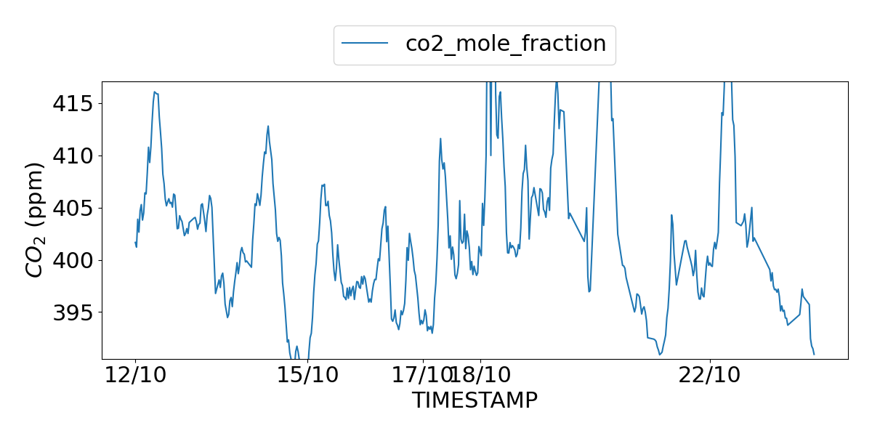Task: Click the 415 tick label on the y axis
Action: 72,104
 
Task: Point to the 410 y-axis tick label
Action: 72,156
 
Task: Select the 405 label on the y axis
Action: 72,209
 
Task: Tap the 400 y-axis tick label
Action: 72,261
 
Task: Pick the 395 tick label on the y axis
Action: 72,313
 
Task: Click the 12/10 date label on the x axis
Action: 136,376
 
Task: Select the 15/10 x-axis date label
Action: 308,376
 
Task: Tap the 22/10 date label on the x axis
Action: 710,376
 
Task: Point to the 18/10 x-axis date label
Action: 480,376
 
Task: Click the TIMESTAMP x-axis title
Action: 475,400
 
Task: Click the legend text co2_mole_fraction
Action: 505,44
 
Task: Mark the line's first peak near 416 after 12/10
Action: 154,92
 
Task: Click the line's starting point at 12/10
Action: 136,243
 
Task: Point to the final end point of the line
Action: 814,354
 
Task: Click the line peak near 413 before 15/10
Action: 268,126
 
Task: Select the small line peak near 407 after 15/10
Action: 323,185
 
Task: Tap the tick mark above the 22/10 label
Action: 710,361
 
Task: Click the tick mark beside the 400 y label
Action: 100,260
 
